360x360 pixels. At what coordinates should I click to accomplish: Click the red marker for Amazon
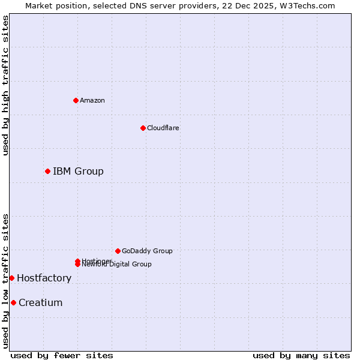(76, 100)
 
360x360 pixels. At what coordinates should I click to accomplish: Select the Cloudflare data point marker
(143, 128)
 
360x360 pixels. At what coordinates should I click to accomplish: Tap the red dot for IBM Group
(47, 172)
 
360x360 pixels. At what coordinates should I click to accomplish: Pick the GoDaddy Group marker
(118, 251)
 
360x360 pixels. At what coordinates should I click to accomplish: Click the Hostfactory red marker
(11, 278)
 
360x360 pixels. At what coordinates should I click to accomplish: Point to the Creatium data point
(13, 302)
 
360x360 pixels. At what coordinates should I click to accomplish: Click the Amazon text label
(92, 100)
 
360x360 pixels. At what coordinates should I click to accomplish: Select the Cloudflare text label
(163, 128)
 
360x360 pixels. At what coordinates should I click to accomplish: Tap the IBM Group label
(78, 172)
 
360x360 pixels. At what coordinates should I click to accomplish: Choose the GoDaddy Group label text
(147, 251)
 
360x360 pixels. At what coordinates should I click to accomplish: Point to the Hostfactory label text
(44, 278)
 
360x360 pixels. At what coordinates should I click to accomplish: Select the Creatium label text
(40, 302)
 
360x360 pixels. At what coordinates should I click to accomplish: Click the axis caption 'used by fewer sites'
(62, 355)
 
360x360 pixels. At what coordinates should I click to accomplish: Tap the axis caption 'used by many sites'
(301, 355)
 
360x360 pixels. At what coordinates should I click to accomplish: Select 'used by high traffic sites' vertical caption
(5, 85)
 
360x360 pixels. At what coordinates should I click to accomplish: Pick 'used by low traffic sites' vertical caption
(5, 281)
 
